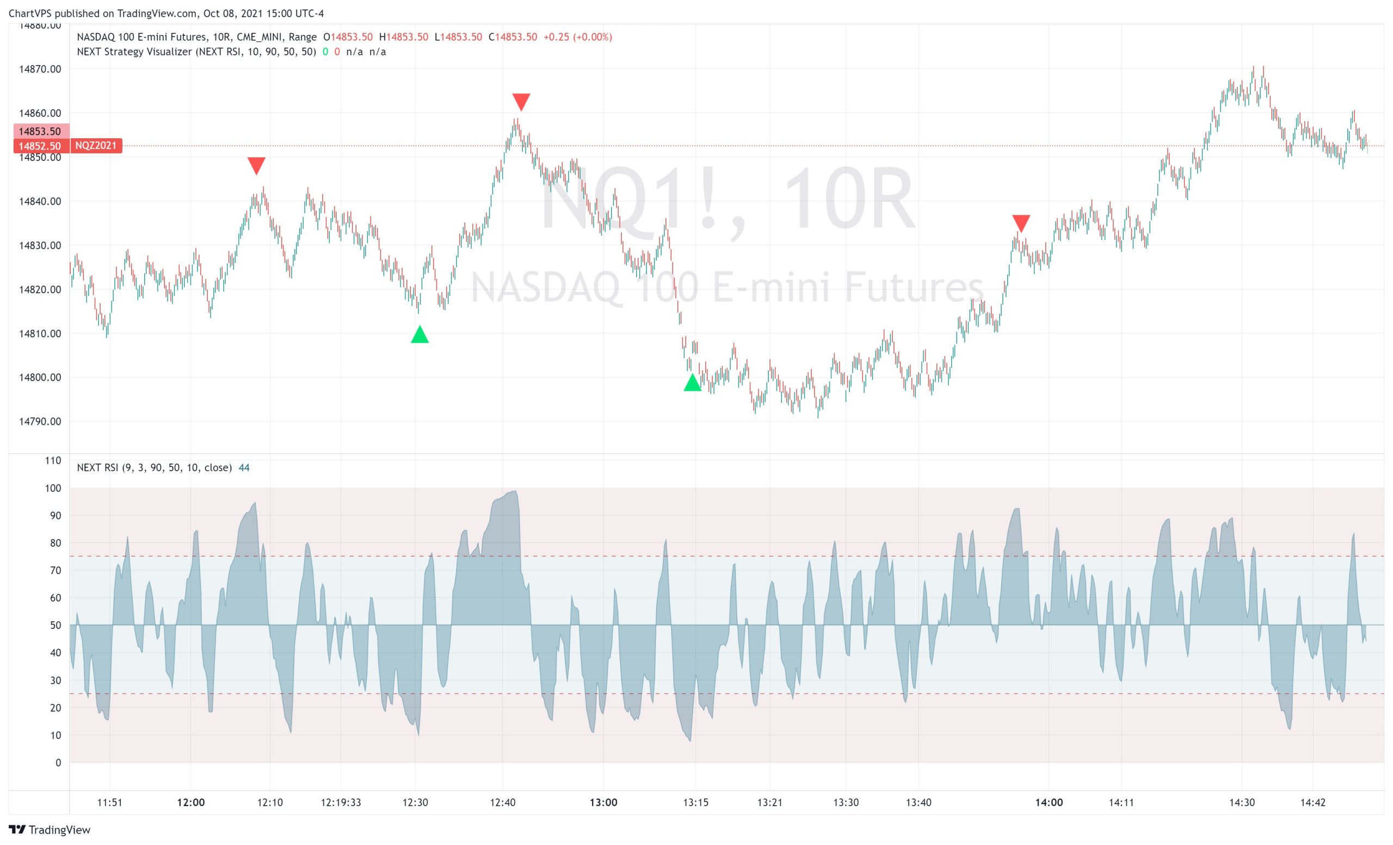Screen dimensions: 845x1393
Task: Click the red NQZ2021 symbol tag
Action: pos(96,146)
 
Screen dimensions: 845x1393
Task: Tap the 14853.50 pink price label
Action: pos(40,131)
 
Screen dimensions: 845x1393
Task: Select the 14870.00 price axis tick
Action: pos(40,69)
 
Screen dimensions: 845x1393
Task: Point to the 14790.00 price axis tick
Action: pos(40,421)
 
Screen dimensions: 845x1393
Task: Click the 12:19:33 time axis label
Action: pos(340,802)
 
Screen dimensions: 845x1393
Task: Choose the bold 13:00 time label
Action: pos(603,802)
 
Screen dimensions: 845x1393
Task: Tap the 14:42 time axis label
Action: pos(1312,802)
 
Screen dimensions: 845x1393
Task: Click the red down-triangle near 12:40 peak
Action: pos(521,102)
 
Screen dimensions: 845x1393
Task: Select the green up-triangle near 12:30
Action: pos(420,335)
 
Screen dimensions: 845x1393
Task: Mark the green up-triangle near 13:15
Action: pos(692,383)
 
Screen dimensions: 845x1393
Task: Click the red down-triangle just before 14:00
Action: pos(1020,223)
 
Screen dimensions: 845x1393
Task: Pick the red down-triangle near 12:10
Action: pos(256,165)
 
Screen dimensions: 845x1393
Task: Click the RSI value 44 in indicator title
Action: pos(244,467)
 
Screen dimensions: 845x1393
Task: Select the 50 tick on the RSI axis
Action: pos(56,625)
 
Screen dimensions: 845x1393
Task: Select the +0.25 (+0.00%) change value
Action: pos(577,37)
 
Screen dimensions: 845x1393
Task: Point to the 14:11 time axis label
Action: pos(1120,802)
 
